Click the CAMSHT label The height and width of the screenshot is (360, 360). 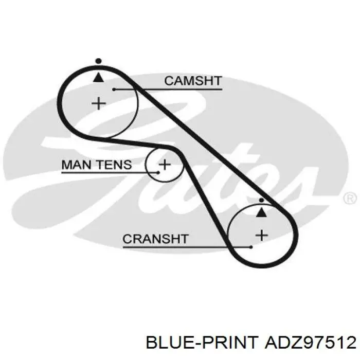click(193, 81)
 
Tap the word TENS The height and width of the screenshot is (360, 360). click(114, 165)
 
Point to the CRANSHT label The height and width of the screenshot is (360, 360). click(155, 239)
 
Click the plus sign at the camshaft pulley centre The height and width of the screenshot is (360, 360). click(99, 103)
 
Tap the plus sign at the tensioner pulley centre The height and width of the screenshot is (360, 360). click(165, 165)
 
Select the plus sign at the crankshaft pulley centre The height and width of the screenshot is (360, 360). click(262, 236)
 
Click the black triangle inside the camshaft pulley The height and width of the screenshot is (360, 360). click(99, 77)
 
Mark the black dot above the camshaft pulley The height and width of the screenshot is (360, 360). click(99, 61)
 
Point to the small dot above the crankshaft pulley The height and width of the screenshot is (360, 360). click(261, 201)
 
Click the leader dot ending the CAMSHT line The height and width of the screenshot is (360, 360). click(114, 89)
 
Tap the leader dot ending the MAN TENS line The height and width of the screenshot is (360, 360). click(158, 172)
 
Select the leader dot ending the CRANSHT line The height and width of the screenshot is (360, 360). click(251, 247)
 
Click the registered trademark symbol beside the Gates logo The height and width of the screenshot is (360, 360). click(350, 199)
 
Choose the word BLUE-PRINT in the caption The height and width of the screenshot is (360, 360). click(202, 343)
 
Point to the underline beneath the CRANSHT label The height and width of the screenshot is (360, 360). click(187, 247)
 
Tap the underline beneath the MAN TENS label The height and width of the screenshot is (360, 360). click(110, 172)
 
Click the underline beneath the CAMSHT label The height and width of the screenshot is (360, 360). click(168, 89)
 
